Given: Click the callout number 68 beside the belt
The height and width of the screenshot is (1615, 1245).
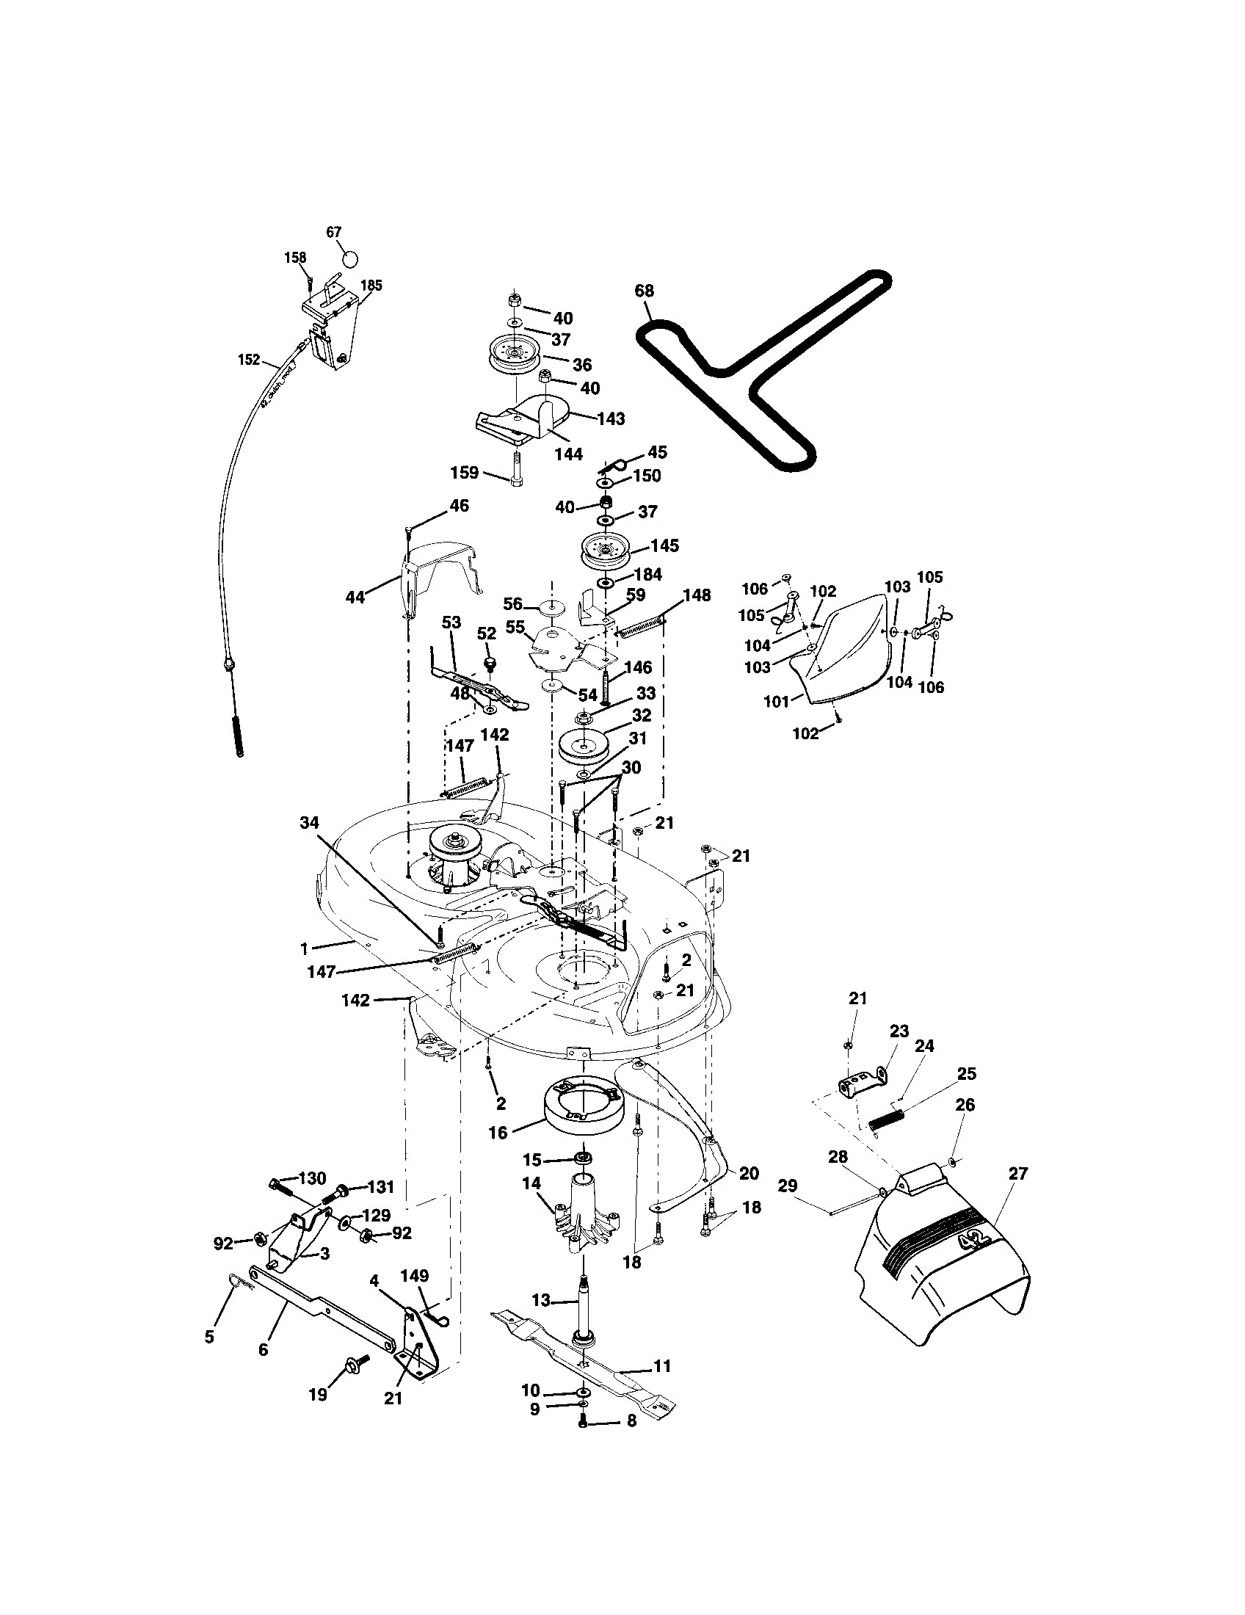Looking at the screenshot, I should [644, 291].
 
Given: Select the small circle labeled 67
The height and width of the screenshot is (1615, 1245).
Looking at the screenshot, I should [351, 260].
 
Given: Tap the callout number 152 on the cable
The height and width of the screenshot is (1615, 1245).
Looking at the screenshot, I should [249, 360].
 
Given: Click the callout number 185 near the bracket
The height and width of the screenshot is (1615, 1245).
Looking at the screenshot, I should [371, 286].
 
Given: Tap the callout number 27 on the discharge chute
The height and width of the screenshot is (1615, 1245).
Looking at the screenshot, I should [1018, 1174].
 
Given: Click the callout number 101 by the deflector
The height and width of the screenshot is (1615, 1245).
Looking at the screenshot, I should [777, 701].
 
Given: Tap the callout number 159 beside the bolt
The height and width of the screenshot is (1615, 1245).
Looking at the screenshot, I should [464, 472].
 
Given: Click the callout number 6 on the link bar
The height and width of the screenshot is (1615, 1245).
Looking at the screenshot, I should [264, 1349].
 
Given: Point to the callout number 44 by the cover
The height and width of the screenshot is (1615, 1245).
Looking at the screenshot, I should [355, 597].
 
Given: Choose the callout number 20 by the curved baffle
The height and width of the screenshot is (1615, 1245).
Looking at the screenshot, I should [749, 1174].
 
